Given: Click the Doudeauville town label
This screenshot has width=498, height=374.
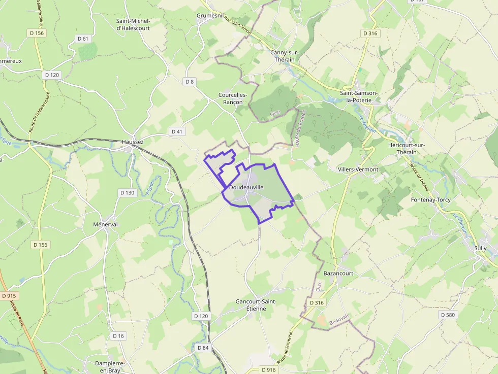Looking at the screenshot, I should [246, 187].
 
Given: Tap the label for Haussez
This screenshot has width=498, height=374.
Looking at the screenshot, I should [133, 142].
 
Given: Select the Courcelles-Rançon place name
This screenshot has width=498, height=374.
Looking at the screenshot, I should [233, 98].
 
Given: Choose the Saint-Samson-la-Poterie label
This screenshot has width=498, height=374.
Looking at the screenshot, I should [359, 96].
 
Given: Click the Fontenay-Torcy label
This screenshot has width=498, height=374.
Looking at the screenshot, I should [430, 199].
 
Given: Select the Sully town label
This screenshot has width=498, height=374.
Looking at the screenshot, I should [480, 248].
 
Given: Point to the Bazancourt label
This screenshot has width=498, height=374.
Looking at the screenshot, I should [338, 273].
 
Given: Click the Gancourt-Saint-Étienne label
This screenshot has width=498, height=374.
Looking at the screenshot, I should [256, 305].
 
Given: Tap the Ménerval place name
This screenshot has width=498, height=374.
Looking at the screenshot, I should [106, 224].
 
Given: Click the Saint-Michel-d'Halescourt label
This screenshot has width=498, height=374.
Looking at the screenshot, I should [134, 24].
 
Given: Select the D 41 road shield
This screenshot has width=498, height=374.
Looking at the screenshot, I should [176, 131].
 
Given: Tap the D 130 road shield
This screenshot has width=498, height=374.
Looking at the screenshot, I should [127, 193].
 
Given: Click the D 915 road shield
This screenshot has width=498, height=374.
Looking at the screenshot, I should [9, 296].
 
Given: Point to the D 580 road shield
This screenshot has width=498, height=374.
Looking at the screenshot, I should [448, 315].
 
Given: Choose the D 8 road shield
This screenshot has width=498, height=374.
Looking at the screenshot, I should [190, 81].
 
